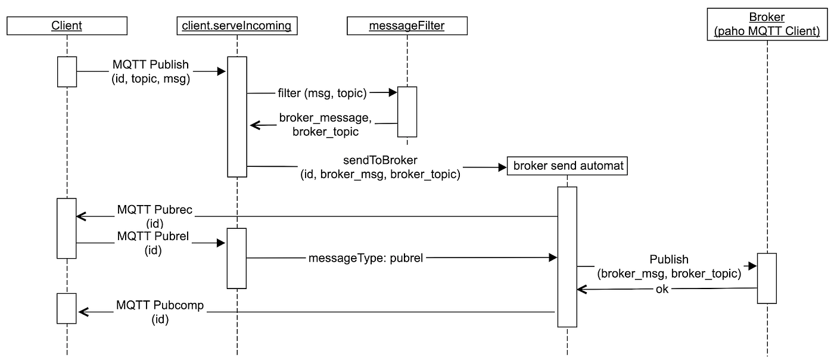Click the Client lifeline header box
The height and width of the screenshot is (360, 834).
(x=67, y=26)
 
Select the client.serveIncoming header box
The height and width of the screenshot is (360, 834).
(x=237, y=26)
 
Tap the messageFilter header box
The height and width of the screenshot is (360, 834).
(x=407, y=26)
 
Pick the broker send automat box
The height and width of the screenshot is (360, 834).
(x=567, y=166)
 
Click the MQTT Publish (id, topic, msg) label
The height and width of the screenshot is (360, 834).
(x=151, y=72)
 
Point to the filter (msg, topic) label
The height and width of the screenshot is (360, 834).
(x=322, y=93)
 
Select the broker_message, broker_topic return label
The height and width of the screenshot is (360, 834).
(x=325, y=125)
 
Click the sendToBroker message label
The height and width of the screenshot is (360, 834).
(x=380, y=168)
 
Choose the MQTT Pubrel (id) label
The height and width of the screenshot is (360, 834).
(x=153, y=243)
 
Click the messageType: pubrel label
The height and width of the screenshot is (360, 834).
(x=366, y=258)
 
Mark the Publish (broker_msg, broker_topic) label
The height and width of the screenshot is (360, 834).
(x=669, y=266)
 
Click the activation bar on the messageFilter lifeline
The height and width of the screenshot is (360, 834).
(x=407, y=111)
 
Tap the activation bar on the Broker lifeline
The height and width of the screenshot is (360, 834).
(x=767, y=278)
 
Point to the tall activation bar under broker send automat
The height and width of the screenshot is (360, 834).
(x=567, y=256)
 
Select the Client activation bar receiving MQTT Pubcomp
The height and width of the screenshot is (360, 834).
(x=67, y=308)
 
